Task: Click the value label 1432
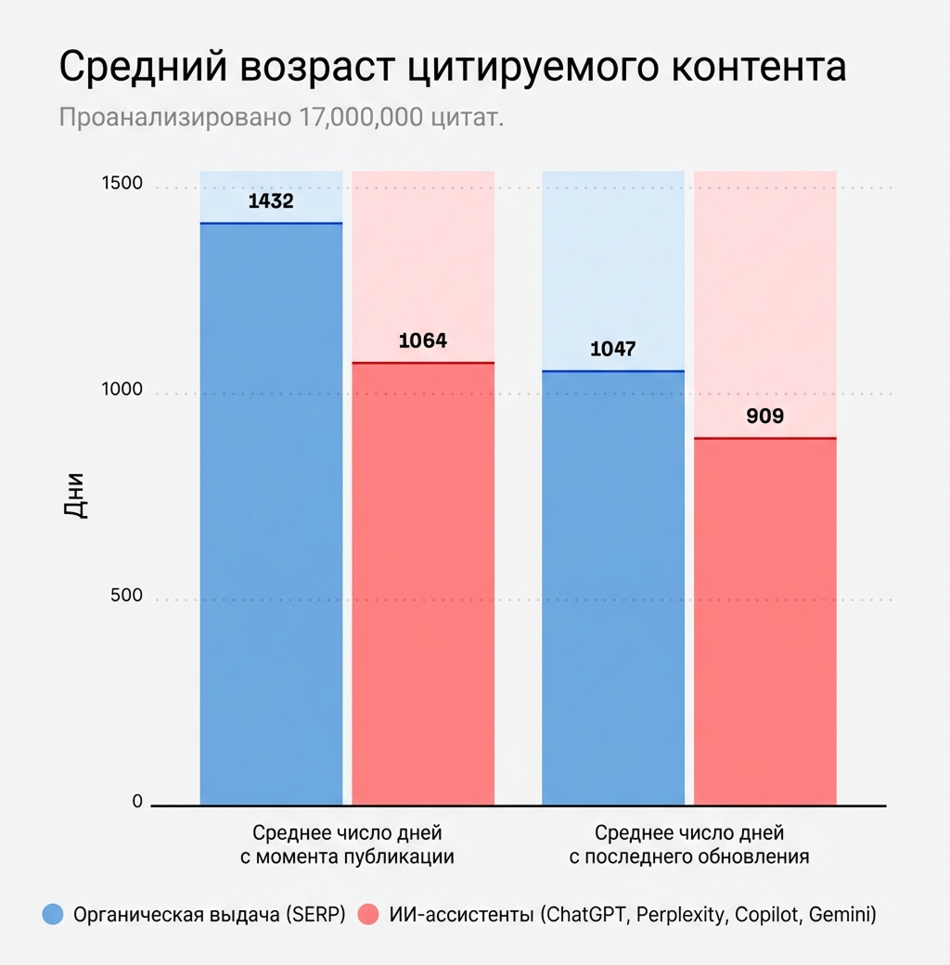point(271,200)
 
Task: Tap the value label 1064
point(423,341)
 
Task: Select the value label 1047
point(613,350)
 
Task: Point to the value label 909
point(765,417)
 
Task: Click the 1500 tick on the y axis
point(122,184)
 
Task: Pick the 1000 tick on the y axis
point(122,390)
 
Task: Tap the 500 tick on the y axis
point(126,596)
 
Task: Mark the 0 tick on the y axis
point(137,802)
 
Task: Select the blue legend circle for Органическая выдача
point(54,915)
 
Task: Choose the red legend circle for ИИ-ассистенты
point(368,915)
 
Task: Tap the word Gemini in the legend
point(841,915)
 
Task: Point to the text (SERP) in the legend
point(315,915)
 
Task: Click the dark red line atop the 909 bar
point(765,438)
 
